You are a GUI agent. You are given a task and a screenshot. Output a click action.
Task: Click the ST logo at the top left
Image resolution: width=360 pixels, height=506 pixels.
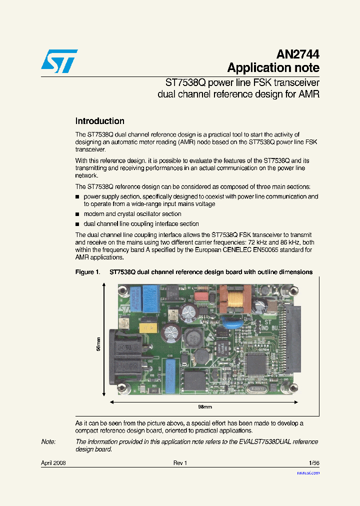click(x=59, y=61)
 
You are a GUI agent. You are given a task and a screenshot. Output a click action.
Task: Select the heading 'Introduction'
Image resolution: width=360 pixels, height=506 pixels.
click(x=99, y=121)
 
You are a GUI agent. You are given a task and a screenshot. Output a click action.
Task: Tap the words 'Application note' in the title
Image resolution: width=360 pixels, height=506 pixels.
click(x=273, y=68)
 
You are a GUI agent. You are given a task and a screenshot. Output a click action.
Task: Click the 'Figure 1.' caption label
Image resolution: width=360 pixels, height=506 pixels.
click(x=87, y=272)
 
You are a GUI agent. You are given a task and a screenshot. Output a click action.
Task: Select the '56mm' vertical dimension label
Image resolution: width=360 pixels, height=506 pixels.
click(x=98, y=344)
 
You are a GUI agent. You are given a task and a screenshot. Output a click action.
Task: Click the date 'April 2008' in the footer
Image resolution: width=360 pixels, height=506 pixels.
click(x=53, y=463)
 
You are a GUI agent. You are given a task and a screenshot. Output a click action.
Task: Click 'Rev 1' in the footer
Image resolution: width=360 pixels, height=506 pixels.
click(x=180, y=463)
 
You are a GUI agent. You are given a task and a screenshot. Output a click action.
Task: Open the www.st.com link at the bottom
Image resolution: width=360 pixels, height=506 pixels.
click(x=308, y=472)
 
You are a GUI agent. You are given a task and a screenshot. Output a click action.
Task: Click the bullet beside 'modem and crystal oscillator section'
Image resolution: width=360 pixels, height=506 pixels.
click(x=77, y=214)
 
